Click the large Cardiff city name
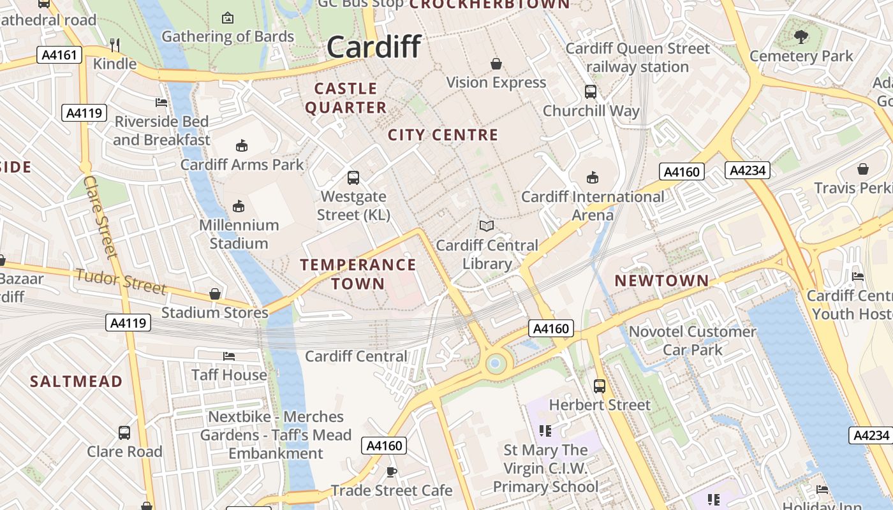coord(374,47)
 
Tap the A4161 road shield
coord(60,55)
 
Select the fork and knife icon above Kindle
coord(115,45)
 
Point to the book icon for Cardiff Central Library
coord(487,226)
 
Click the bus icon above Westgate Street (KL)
coord(353,178)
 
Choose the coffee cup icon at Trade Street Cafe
coord(391,472)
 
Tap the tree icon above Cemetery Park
coord(801,37)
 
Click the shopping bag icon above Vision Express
coord(496,64)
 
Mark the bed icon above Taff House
coord(229,356)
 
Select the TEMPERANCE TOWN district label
coord(358,274)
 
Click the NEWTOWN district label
coord(661,280)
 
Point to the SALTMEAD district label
coord(77,381)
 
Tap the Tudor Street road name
coord(121,281)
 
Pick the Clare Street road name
coord(101,217)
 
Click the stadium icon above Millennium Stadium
coord(239,206)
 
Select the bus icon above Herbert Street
coord(600,386)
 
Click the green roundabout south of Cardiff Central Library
coord(495,364)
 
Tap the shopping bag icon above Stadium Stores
coord(215,294)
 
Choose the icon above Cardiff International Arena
coord(593,177)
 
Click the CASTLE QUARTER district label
coord(346,98)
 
